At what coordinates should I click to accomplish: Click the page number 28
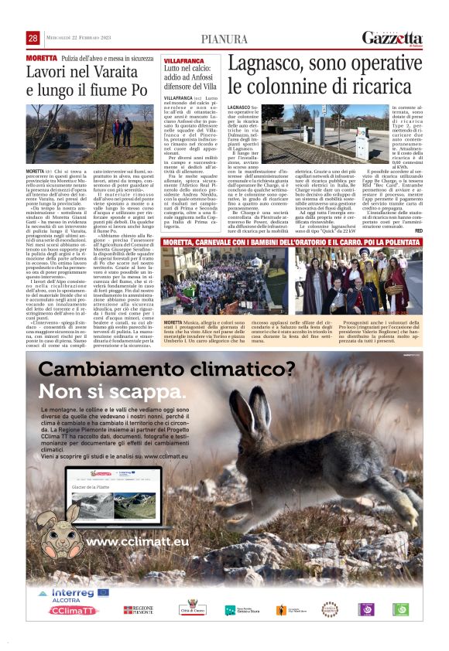point(33,39)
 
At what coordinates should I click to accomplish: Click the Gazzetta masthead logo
point(392,39)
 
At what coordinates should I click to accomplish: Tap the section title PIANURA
point(224,39)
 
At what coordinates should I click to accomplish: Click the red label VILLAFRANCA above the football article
point(183,60)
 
